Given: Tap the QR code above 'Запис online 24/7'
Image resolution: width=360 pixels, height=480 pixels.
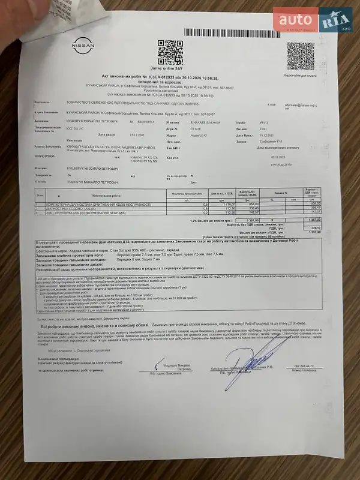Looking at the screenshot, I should (x=170, y=51).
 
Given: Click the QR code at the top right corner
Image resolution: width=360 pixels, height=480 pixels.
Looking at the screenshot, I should (x=300, y=56).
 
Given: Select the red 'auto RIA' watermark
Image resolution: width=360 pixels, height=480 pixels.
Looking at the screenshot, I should (x=312, y=19).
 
